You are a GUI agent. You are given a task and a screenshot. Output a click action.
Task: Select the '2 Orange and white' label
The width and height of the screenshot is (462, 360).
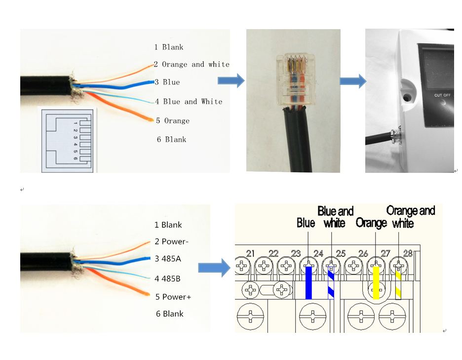192,64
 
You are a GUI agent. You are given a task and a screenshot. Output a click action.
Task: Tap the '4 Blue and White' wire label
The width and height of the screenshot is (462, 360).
189,101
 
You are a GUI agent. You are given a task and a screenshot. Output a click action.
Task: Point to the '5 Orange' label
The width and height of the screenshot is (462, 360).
173,120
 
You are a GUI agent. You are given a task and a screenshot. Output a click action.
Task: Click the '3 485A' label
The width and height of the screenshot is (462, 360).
168,258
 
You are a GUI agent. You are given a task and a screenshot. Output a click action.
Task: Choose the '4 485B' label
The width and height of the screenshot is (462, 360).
168,279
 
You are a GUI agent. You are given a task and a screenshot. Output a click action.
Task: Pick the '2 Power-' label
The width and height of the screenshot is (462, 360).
172,241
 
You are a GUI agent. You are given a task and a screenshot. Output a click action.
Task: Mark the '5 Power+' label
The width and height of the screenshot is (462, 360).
173,297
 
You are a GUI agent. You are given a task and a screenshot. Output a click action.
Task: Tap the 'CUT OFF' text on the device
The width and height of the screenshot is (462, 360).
442,95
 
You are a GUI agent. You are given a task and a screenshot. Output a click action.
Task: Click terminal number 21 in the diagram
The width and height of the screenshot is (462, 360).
250,253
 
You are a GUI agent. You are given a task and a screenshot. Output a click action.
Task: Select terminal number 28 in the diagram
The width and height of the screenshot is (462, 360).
407,253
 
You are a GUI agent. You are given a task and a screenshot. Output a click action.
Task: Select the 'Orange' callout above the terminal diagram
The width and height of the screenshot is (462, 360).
371,223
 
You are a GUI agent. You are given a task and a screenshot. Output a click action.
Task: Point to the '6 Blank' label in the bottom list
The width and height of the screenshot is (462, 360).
169,314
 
